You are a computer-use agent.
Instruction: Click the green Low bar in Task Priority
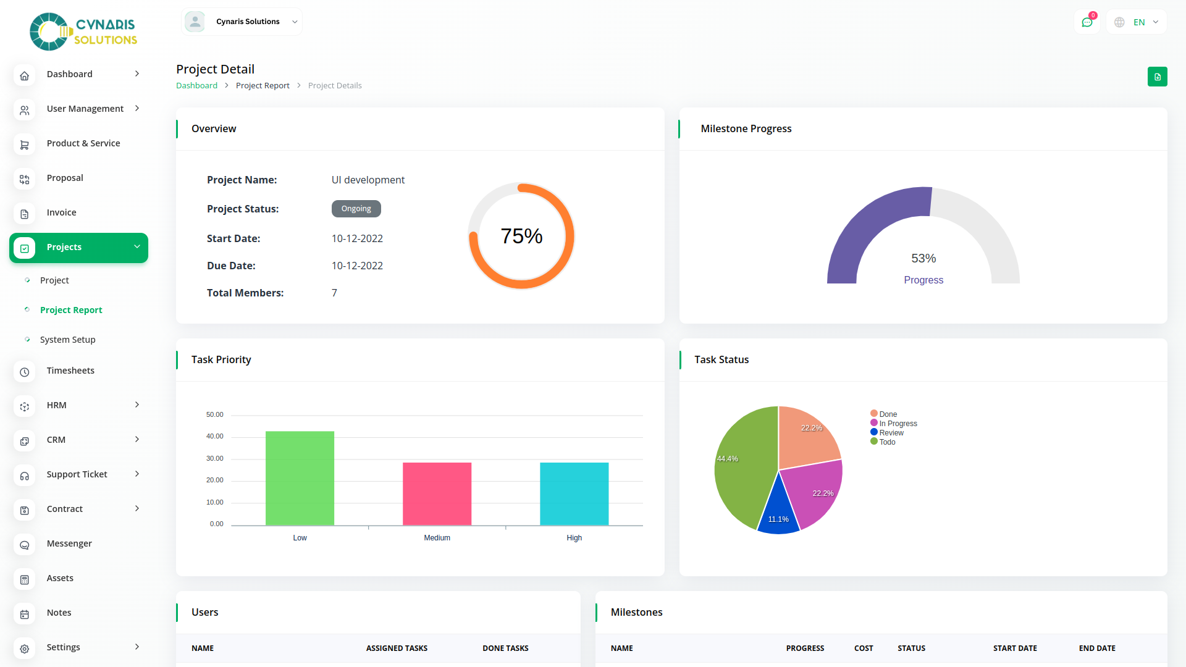[300, 478]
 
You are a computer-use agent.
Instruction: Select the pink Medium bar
[437, 493]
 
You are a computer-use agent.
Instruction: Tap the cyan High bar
[574, 493]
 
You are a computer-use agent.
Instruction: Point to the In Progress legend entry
[898, 424]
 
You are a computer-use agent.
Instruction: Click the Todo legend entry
[887, 442]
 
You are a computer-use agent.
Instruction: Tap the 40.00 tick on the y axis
[215, 437]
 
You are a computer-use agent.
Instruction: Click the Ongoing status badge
[356, 209]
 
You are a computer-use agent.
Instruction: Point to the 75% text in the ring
[521, 236]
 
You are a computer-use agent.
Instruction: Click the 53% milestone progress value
[923, 258]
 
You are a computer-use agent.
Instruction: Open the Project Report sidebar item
[71, 310]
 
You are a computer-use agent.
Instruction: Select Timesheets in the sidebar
[70, 371]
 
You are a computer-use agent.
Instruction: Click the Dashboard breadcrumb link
[196, 86]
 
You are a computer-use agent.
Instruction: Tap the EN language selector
[1138, 22]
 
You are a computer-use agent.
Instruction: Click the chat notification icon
[1087, 22]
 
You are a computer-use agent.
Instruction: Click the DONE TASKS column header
[505, 648]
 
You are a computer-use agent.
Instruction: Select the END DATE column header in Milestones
[1097, 648]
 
